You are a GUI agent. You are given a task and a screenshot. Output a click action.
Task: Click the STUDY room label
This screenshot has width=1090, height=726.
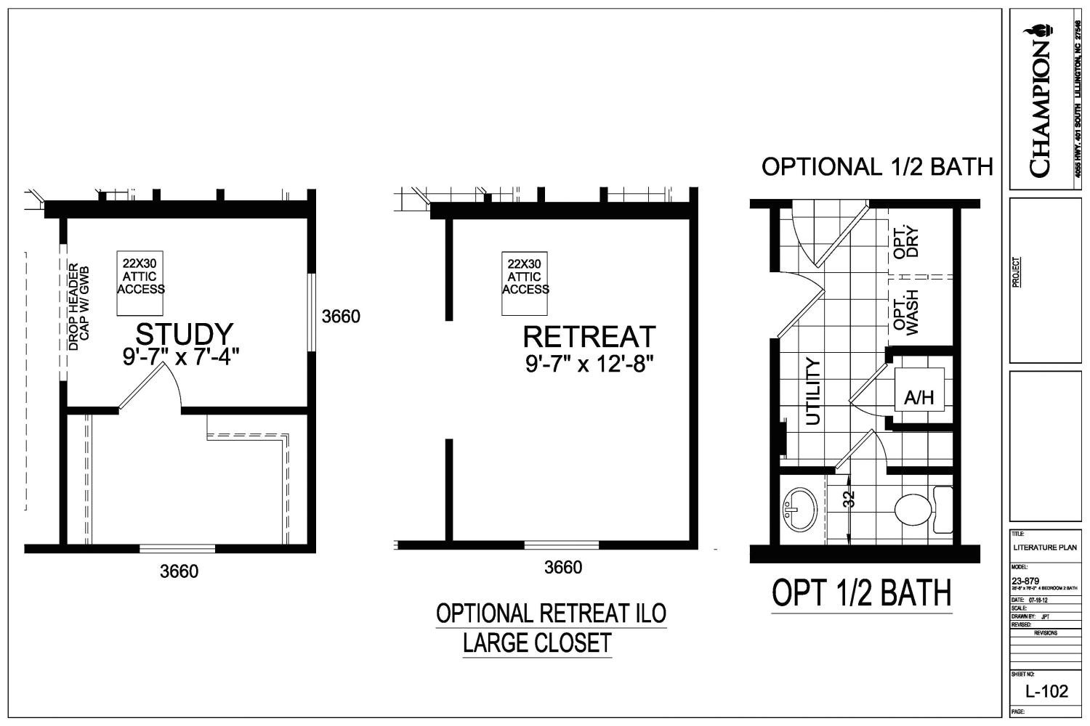[185, 334]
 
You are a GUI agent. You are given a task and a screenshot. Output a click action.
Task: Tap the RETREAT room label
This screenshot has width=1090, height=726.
[589, 337]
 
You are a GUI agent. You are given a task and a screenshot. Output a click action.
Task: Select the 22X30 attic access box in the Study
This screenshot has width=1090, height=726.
[141, 283]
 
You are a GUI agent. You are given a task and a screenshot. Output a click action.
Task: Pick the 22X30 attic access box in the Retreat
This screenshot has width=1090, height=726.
[525, 283]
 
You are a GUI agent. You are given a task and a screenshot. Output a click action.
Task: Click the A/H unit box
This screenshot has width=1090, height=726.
[919, 398]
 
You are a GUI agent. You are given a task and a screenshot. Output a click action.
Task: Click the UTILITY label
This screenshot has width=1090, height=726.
[813, 391]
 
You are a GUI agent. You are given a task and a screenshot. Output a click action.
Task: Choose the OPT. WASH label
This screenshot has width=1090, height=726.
[906, 313]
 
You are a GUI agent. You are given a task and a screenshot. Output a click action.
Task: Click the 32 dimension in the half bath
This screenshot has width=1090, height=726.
[849, 499]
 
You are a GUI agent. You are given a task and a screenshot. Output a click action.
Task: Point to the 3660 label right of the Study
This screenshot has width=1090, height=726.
[341, 317]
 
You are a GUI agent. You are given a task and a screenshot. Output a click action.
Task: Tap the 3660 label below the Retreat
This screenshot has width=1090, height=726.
[563, 568]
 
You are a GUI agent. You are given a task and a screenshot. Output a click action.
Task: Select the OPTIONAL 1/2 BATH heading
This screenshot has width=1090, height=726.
[877, 167]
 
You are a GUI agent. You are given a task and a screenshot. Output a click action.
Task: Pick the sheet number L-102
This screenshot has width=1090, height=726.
[1046, 690]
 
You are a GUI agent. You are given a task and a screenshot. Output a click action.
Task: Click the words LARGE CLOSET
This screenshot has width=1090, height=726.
[537, 643]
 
